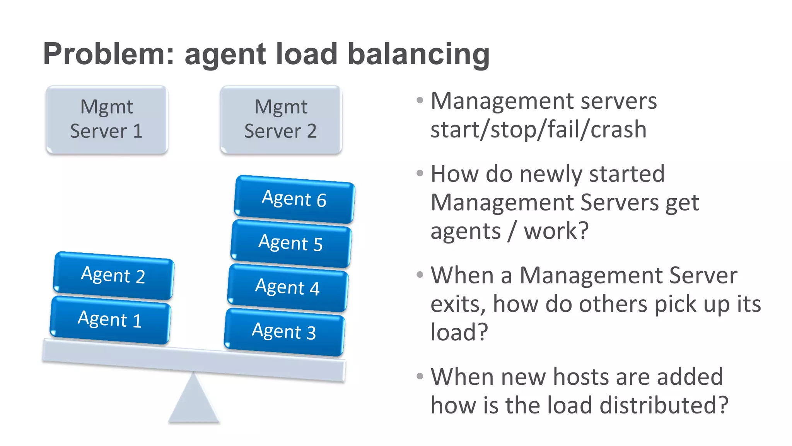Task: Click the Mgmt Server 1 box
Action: tap(107, 119)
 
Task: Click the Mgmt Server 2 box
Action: tap(281, 119)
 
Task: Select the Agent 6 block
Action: tap(294, 199)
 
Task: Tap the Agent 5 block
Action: tap(291, 243)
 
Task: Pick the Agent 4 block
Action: tap(288, 287)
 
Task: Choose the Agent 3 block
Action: tap(284, 332)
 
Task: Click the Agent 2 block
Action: tap(113, 275)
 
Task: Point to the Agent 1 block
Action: tap(110, 319)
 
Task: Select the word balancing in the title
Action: tap(418, 54)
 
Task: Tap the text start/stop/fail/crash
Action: tap(538, 129)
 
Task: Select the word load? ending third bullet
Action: tap(459, 332)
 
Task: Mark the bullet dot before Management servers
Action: tap(420, 101)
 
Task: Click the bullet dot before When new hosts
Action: tap(420, 376)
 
